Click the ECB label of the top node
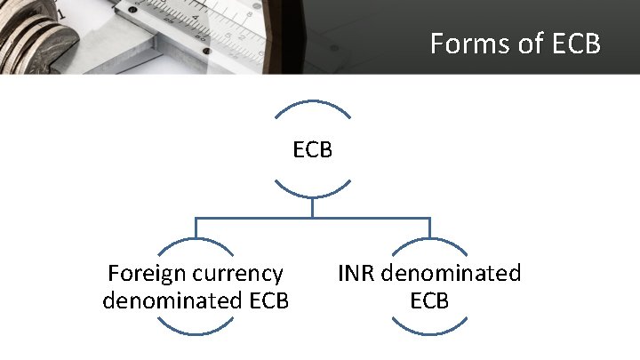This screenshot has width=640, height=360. [x=313, y=150]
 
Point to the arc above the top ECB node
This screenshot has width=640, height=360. [x=313, y=103]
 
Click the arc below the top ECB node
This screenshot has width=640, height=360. [x=313, y=195]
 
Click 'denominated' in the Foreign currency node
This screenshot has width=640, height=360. [x=168, y=300]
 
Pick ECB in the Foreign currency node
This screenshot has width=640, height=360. [x=265, y=300]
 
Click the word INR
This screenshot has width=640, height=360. [x=357, y=273]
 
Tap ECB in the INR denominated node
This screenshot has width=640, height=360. [x=429, y=300]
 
